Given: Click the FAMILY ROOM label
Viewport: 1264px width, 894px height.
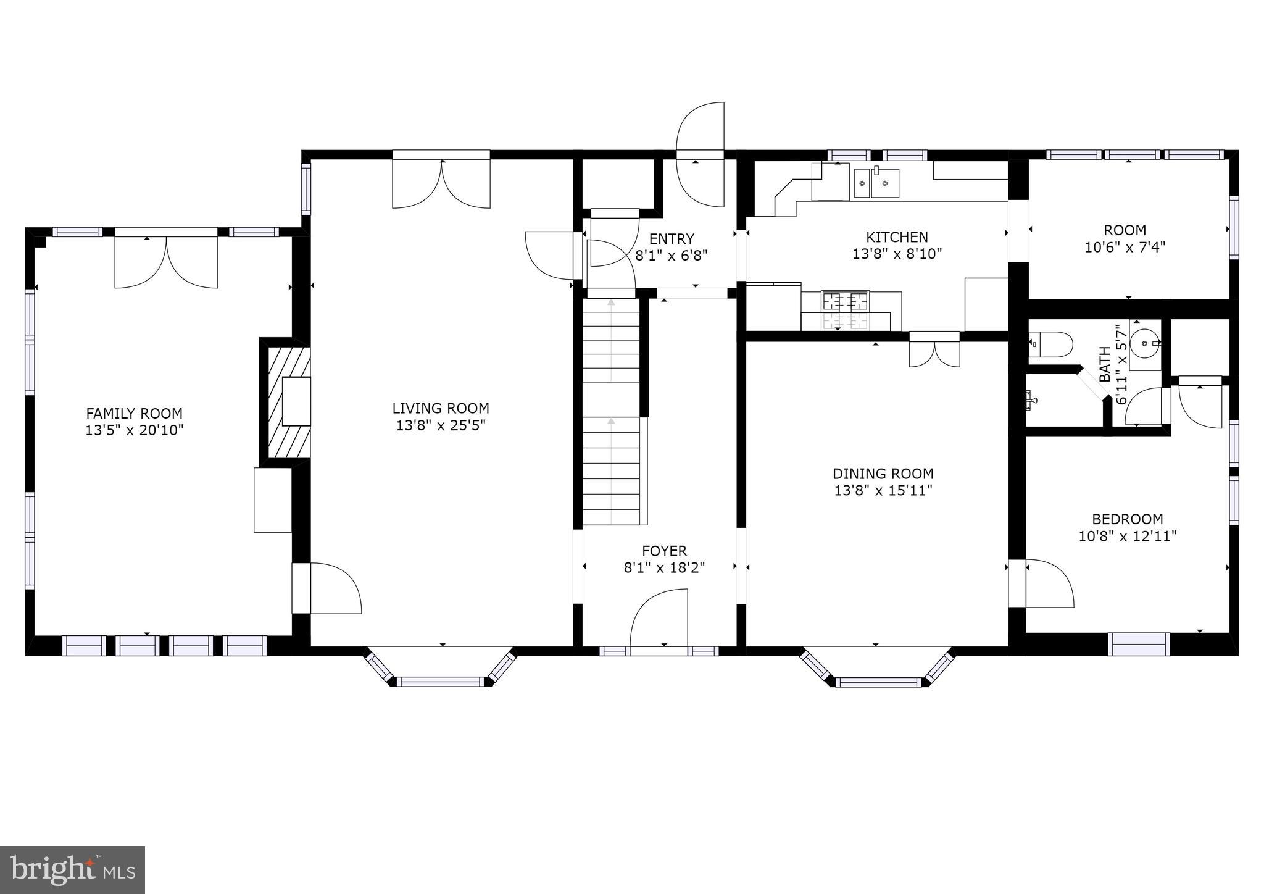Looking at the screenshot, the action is [x=135, y=414].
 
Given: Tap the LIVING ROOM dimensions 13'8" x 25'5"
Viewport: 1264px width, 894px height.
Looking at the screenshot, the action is [x=441, y=425].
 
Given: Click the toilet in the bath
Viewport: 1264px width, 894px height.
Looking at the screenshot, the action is [x=1051, y=345].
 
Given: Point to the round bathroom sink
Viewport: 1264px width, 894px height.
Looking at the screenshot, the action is [x=1145, y=343].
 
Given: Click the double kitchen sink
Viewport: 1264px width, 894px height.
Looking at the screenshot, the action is [x=876, y=182].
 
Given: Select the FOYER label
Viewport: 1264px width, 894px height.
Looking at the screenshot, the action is [x=664, y=551].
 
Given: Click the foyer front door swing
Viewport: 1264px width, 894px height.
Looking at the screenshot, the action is [x=659, y=618].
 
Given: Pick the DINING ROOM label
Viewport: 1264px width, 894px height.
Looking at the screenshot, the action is [x=883, y=474].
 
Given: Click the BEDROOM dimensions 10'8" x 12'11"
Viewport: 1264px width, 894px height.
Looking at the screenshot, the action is [x=1128, y=536].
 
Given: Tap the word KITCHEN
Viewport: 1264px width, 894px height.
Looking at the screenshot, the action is [x=897, y=237].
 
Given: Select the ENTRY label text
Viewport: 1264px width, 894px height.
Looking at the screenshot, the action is [x=671, y=238].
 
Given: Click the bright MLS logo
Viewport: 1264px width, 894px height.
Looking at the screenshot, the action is [x=73, y=870].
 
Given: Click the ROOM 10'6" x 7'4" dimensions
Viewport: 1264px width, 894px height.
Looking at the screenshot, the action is [x=1125, y=248].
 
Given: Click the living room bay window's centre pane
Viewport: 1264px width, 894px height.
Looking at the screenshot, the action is [x=440, y=682].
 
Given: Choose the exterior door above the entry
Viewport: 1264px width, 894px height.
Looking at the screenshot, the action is [x=700, y=154].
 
